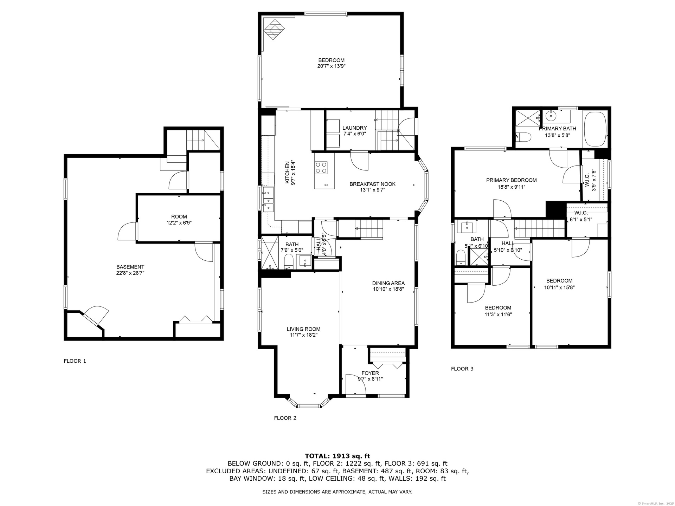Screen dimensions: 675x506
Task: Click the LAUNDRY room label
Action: click(355, 128)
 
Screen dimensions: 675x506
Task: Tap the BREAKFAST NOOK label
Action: click(372, 184)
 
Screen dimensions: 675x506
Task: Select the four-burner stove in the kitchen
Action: click(321, 167)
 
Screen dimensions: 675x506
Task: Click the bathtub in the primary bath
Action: click(595, 129)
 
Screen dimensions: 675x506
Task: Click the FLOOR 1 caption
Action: click(75, 361)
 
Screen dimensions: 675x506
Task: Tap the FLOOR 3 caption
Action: click(462, 369)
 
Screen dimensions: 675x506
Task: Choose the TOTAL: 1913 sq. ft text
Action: click(337, 456)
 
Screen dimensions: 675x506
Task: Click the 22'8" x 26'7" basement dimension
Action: click(130, 273)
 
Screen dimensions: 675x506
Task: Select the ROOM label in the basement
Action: click(179, 216)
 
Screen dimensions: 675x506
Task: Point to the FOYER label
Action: click(370, 373)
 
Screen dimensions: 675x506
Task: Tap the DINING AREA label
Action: click(388, 283)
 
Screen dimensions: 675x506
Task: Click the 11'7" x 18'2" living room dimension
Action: click(303, 335)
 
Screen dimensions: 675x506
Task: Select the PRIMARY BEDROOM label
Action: click(512, 180)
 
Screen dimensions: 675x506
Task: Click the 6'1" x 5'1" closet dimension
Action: click(581, 220)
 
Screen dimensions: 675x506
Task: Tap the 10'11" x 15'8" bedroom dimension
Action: click(559, 287)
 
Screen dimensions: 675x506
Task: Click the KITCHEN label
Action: click(287, 173)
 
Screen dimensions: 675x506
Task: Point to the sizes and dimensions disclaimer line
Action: click(337, 492)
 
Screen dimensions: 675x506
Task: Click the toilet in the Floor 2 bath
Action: click(289, 262)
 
